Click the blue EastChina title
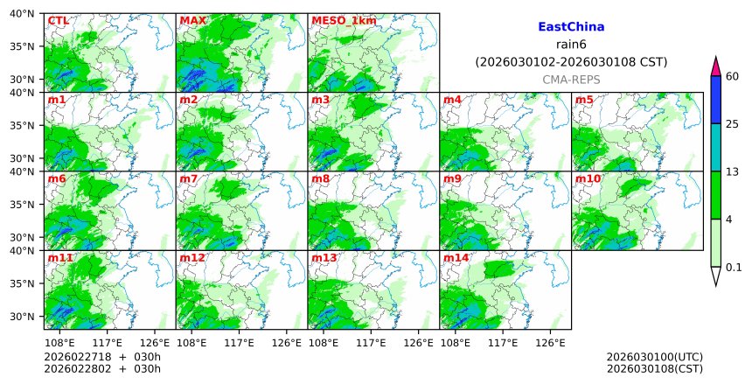tap(571, 27)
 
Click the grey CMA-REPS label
tap(571, 80)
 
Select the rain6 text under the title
tap(571, 45)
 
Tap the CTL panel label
tap(59, 20)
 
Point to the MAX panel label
tap(192, 20)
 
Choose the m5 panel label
tap(583, 100)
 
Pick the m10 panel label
tap(588, 178)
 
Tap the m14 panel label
tap(456, 258)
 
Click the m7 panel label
tap(189, 178)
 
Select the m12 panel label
tap(192, 258)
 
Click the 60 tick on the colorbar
tap(733, 76)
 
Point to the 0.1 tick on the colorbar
tap(734, 268)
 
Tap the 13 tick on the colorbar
tap(733, 171)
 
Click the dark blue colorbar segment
tap(715, 99)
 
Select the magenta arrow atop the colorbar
tap(715, 66)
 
